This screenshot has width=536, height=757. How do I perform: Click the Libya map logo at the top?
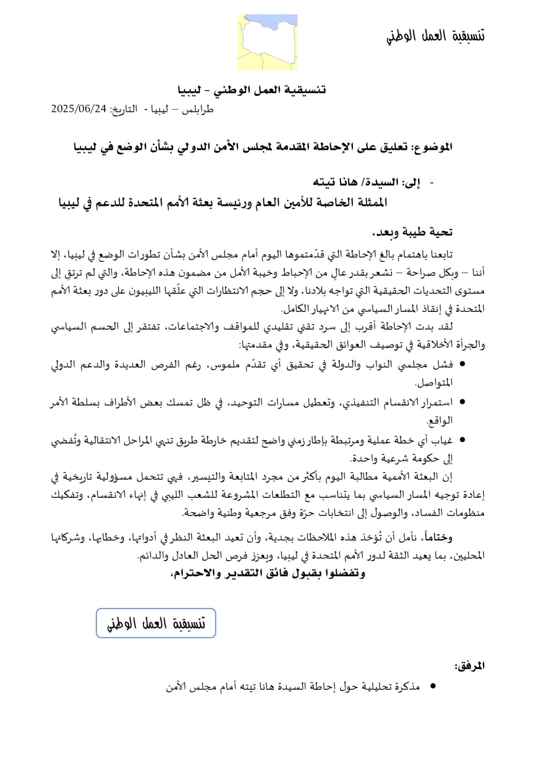tap(268, 42)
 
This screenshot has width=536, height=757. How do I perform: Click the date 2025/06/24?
tap(79, 109)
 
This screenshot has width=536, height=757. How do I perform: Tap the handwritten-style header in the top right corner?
tap(435, 36)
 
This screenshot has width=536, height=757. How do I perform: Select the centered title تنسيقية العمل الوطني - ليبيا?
tap(252, 90)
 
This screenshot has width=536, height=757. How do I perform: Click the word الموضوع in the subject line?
tap(431, 147)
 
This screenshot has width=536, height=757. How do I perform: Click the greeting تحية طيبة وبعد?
tap(412, 232)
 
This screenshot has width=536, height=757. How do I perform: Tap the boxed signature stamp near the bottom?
tap(156, 623)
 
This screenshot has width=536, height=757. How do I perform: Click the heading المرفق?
tap(469, 666)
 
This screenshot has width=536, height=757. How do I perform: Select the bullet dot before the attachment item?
tap(432, 687)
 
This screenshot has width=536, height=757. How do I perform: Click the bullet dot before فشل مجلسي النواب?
tap(462, 364)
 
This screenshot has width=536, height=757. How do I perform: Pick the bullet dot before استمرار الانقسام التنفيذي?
tap(462, 402)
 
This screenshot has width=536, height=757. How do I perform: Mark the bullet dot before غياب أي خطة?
tap(462, 440)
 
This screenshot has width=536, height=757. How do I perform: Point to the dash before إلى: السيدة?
tap(431, 182)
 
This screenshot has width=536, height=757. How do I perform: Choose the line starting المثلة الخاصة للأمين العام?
tap(223, 203)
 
